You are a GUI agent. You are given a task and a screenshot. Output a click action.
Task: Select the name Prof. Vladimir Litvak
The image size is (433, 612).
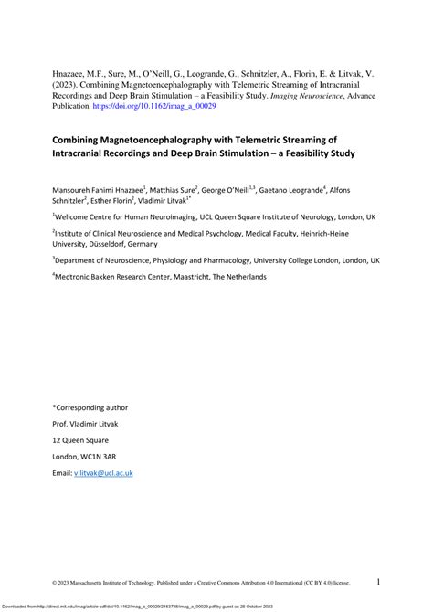[90, 424]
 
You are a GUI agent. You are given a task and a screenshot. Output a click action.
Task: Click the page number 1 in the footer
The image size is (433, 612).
[378, 581]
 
